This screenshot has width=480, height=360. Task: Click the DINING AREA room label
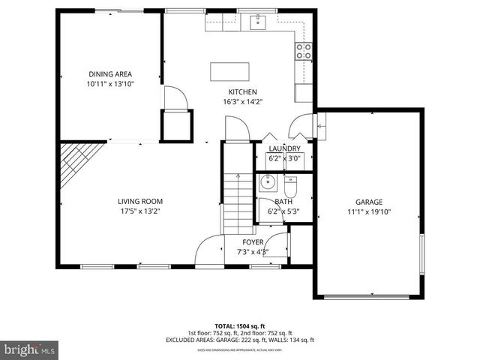110,73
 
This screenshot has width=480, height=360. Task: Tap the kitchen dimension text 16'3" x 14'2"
242,101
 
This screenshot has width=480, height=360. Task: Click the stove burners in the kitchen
304,51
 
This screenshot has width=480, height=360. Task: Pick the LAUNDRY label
284,148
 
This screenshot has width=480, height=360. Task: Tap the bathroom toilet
291,184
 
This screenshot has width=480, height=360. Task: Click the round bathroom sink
268,182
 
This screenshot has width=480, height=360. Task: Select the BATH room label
283,202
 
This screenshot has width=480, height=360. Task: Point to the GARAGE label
369,202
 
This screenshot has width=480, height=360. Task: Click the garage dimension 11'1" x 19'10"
369,211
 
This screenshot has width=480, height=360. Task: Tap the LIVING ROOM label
139,201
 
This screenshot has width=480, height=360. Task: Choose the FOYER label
252,242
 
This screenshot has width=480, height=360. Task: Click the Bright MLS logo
30,349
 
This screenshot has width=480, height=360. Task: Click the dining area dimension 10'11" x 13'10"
110,84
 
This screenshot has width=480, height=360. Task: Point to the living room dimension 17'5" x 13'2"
139,211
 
